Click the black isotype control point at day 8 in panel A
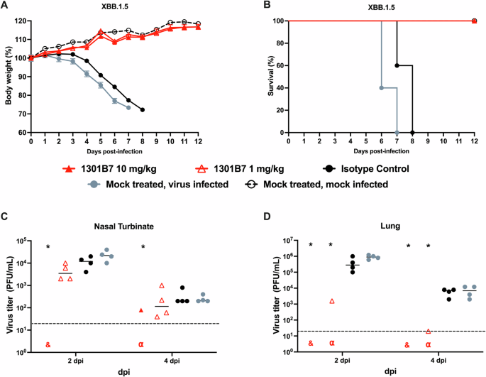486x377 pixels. coord(143,110)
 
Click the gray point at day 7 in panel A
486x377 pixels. coord(128,107)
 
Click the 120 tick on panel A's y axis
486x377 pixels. coord(20,21)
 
